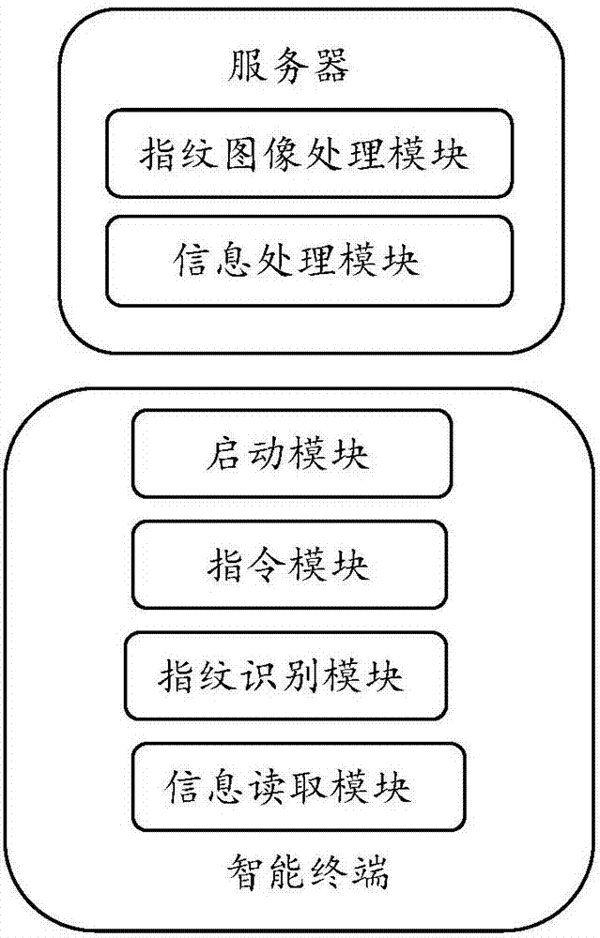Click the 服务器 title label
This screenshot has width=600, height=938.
coord(288,67)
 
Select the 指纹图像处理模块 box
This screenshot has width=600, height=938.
coord(309,153)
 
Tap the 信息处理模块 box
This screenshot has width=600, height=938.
coord(309,262)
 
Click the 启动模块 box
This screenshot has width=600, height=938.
coord(292,453)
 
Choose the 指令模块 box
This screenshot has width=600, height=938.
coord(289,565)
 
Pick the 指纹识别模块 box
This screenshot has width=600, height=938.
coord(285,675)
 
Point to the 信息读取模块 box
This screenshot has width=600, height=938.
coord(299,787)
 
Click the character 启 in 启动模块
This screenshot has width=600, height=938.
coord(225,453)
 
